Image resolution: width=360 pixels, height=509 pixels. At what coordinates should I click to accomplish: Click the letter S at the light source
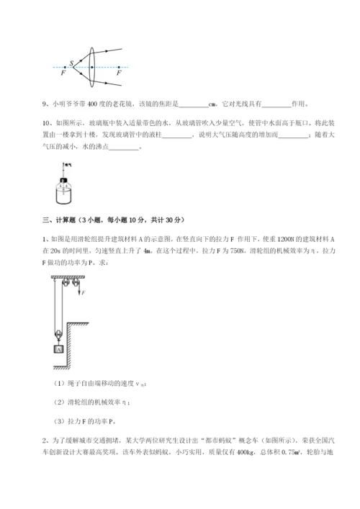72,63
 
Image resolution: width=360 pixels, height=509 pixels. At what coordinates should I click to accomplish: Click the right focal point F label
119,73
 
